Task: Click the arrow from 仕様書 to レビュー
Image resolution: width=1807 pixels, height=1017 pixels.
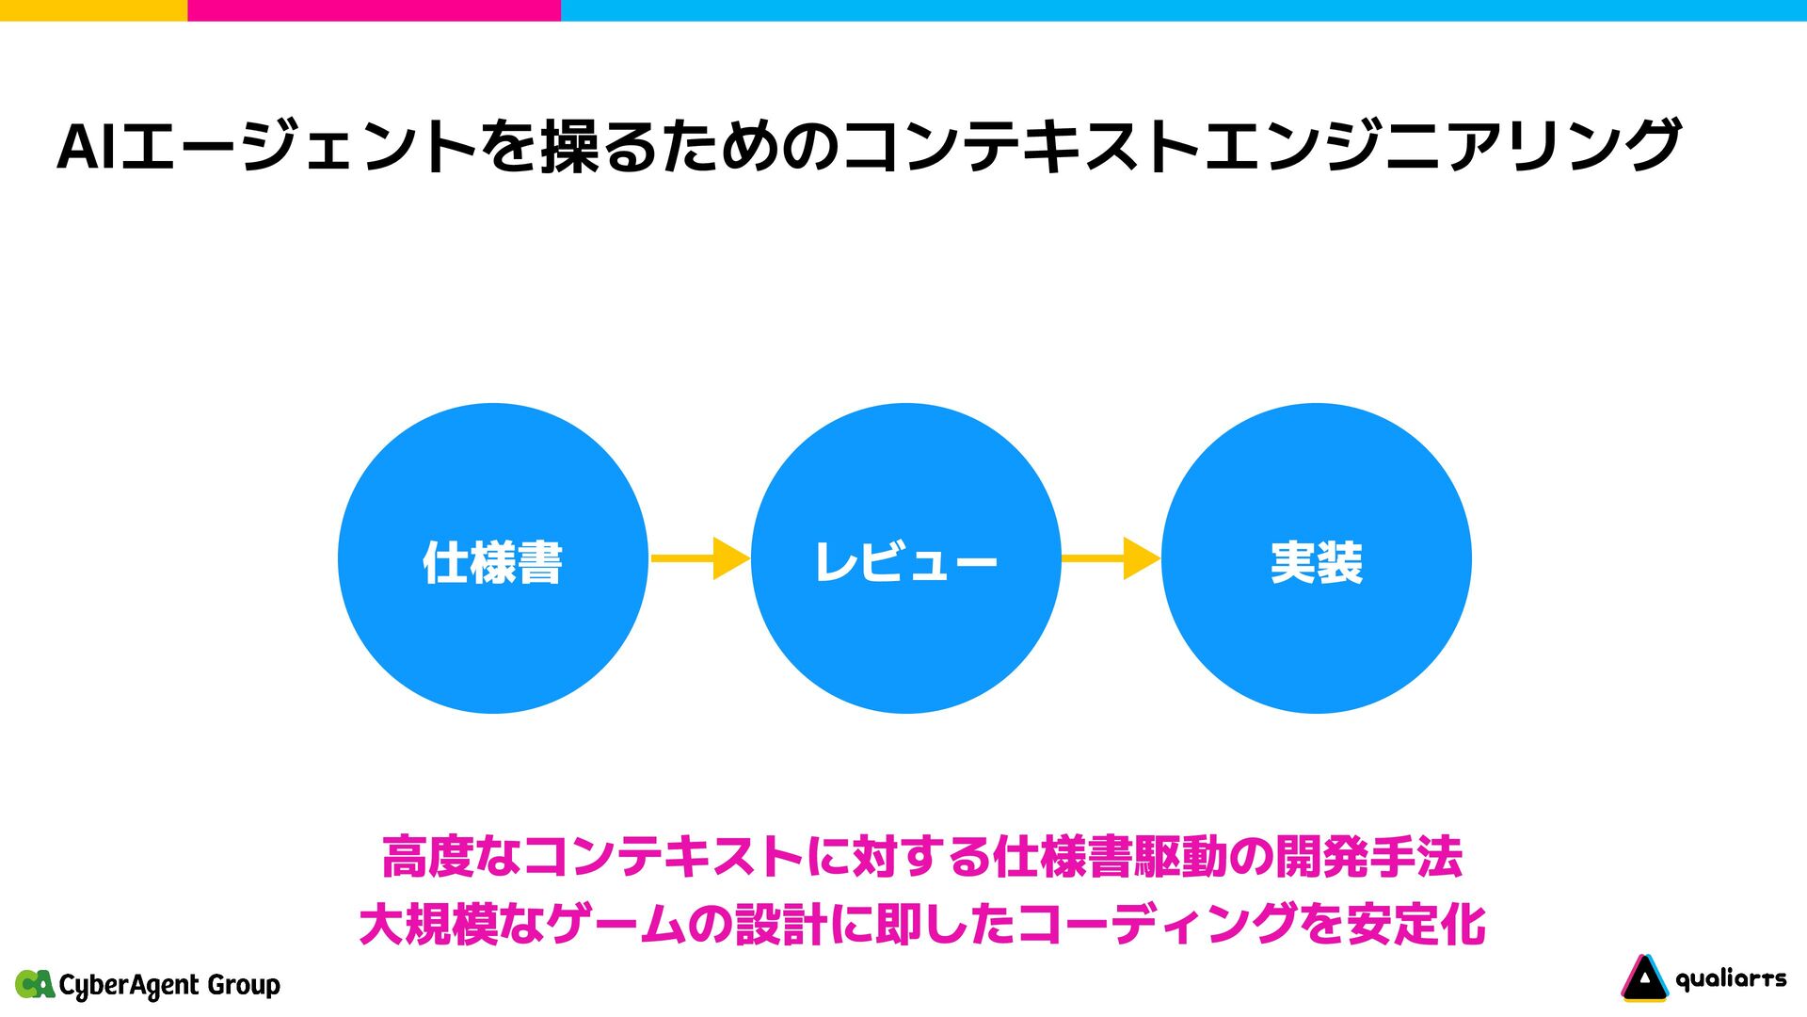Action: click(x=699, y=558)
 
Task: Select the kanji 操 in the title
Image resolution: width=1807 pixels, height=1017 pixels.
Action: click(x=572, y=148)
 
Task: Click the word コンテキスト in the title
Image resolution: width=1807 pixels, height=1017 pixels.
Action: click(x=1022, y=148)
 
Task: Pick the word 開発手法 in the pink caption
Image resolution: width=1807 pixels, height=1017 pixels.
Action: click(x=1369, y=857)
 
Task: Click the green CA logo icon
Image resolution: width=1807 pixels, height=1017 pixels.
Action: click(x=35, y=984)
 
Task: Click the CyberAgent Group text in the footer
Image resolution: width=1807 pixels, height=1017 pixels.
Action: click(x=169, y=985)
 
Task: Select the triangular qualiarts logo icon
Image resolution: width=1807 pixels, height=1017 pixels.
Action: click(x=1643, y=978)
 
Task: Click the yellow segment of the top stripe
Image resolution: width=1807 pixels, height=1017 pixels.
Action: click(x=93, y=9)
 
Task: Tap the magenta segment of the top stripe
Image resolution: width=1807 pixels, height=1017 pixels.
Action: click(x=374, y=9)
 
